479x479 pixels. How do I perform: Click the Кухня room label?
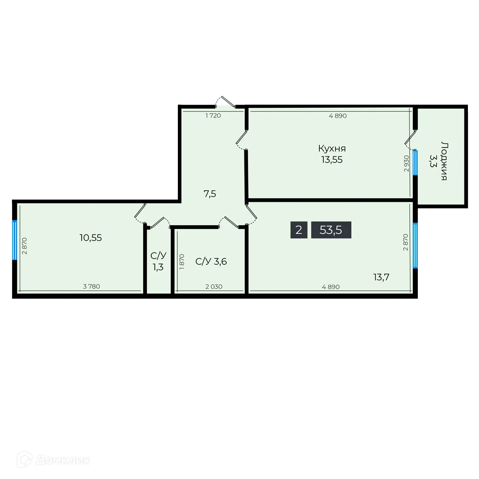coord(332,149)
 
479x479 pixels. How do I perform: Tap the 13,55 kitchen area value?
coord(332,160)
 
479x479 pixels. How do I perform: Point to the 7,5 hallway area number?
coord(210,193)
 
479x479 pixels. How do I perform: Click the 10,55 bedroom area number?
coord(90,238)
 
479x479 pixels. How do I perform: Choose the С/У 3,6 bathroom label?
coord(211,262)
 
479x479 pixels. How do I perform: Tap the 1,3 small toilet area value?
coord(158,268)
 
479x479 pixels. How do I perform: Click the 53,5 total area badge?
coord(331,230)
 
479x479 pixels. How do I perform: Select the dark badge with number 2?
coord(299,230)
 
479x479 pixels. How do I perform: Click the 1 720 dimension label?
coord(213,116)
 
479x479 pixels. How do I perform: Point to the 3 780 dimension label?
coord(91,287)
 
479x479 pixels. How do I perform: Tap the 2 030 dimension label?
coord(214,287)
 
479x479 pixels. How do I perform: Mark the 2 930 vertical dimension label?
coord(406,164)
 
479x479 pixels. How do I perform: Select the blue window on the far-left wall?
coord(14,240)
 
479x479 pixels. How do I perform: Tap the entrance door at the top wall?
coord(224,102)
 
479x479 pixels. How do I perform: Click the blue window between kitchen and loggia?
coord(415,163)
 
